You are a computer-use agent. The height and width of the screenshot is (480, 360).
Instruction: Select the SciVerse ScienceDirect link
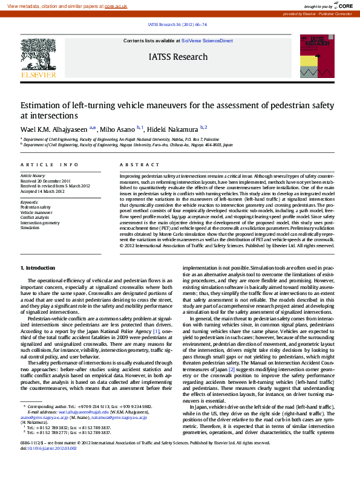(207, 41)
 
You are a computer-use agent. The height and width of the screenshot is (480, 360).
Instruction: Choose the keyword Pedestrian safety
(36, 207)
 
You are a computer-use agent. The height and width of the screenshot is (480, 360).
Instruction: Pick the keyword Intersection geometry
(40, 222)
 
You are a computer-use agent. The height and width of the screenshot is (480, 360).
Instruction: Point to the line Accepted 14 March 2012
(42, 190)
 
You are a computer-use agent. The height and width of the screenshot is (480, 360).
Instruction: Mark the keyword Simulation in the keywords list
(30, 228)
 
